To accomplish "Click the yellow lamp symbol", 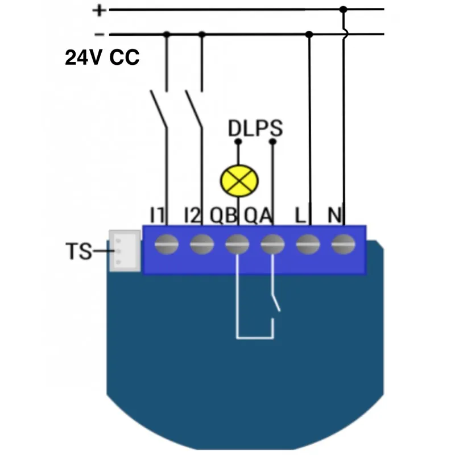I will point(239,180).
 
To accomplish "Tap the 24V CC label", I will point(102,57).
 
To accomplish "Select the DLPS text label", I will point(255,129).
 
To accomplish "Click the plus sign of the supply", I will point(100,10).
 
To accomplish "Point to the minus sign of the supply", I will point(100,34).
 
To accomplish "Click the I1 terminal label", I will point(158,216).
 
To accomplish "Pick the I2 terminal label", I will point(193,216).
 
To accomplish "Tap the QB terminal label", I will point(224,216).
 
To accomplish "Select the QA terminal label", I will point(258,216).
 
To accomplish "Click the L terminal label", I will point(301,216).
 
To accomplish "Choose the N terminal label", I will point(335,216).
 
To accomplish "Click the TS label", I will point(78,251).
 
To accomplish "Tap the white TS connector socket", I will point(125,250).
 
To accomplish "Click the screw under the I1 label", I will point(167,244).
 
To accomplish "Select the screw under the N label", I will point(343,244).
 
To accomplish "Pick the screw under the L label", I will point(308,244).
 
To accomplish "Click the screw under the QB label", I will point(237,244).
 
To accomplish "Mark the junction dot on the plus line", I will point(343,10).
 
